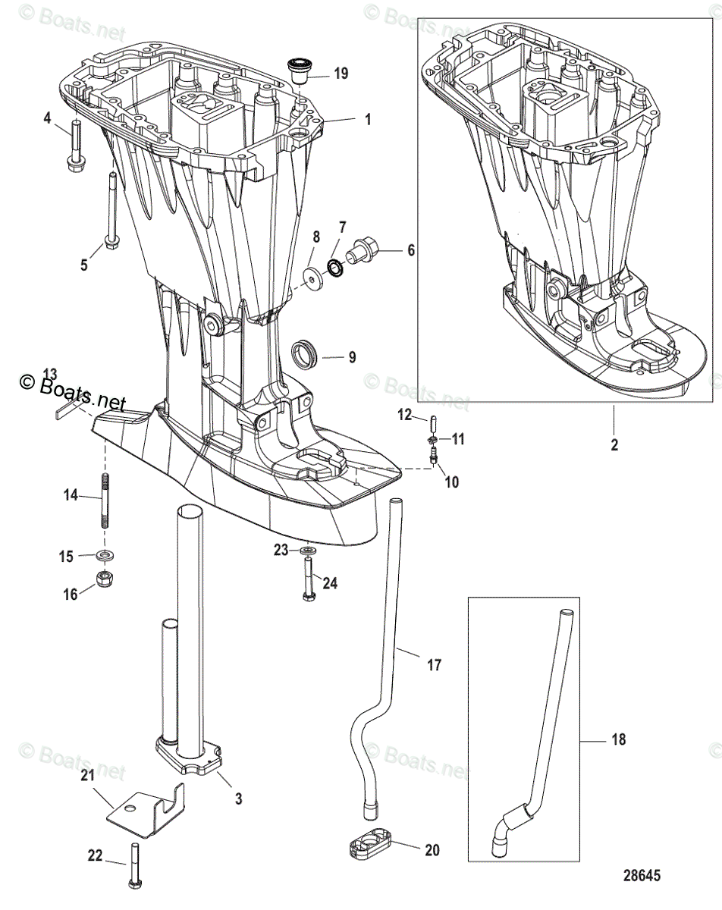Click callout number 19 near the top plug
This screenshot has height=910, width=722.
[x=341, y=74]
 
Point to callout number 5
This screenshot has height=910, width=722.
[x=84, y=265]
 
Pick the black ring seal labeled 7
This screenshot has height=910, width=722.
[x=334, y=267]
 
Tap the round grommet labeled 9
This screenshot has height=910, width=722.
[x=305, y=353]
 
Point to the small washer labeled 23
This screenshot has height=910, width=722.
[x=307, y=549]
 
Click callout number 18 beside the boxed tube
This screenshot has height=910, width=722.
[x=619, y=739]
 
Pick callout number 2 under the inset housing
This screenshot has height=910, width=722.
[x=614, y=444]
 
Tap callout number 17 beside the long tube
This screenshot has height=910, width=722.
[x=433, y=665]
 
